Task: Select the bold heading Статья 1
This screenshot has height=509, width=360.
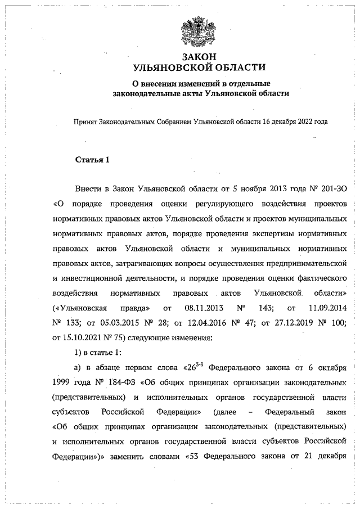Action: click(92, 160)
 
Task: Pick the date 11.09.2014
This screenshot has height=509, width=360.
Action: click(326, 308)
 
